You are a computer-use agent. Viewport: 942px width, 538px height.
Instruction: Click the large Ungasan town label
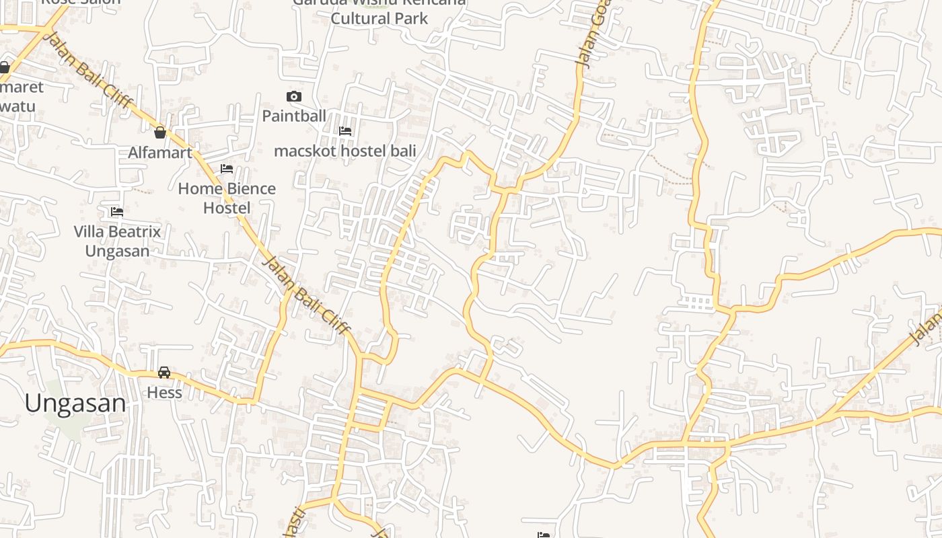click(x=75, y=403)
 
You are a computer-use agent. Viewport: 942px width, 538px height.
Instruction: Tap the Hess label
click(x=164, y=392)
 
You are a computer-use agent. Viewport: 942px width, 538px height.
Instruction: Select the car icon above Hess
click(x=164, y=373)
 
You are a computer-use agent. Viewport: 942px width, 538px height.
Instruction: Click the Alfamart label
click(x=160, y=153)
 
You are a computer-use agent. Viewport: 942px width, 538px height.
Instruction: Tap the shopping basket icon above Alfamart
click(x=160, y=132)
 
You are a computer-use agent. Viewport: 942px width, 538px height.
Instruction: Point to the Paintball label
click(x=294, y=116)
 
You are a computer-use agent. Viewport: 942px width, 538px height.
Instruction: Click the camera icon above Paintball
click(x=294, y=97)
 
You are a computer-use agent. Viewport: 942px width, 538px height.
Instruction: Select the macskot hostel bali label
click(x=345, y=151)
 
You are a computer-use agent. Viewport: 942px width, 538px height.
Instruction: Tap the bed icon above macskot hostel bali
click(x=345, y=131)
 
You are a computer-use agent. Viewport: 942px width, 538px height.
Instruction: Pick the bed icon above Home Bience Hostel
click(x=227, y=169)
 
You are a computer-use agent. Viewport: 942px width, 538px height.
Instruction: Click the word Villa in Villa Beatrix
click(x=90, y=232)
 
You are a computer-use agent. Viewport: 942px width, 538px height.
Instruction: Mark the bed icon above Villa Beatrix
click(x=117, y=213)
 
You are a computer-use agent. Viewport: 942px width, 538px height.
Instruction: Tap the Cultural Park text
click(x=379, y=18)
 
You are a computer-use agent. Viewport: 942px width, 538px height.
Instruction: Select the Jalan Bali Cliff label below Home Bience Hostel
click(x=306, y=296)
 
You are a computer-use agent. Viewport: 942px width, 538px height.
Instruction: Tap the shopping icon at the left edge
click(x=4, y=67)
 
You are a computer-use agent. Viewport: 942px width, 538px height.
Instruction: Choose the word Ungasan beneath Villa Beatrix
click(x=117, y=251)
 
